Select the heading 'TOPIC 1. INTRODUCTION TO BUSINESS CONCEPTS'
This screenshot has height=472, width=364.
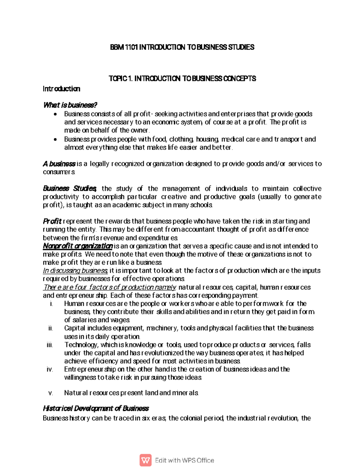pos(182,79)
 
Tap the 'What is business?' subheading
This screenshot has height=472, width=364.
pos(70,105)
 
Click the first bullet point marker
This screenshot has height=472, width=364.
pos(55,115)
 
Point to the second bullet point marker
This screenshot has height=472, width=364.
pos(55,140)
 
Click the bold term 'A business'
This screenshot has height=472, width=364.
pos(59,164)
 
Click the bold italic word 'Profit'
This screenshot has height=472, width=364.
pos(52,221)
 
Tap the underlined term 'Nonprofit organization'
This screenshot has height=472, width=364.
pos(78,246)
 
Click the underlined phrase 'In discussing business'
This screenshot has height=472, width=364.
pos(75,270)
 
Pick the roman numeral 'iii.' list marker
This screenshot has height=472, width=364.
pos(50,345)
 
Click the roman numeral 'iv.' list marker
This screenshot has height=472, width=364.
pos(50,370)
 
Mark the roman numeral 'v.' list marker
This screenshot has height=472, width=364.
pos(51,393)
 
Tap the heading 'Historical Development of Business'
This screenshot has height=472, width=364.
pos(96,408)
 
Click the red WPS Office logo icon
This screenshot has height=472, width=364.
pos(146,460)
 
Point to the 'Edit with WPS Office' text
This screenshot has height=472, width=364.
pos(184,460)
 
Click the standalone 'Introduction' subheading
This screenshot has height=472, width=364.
pos(62,89)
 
